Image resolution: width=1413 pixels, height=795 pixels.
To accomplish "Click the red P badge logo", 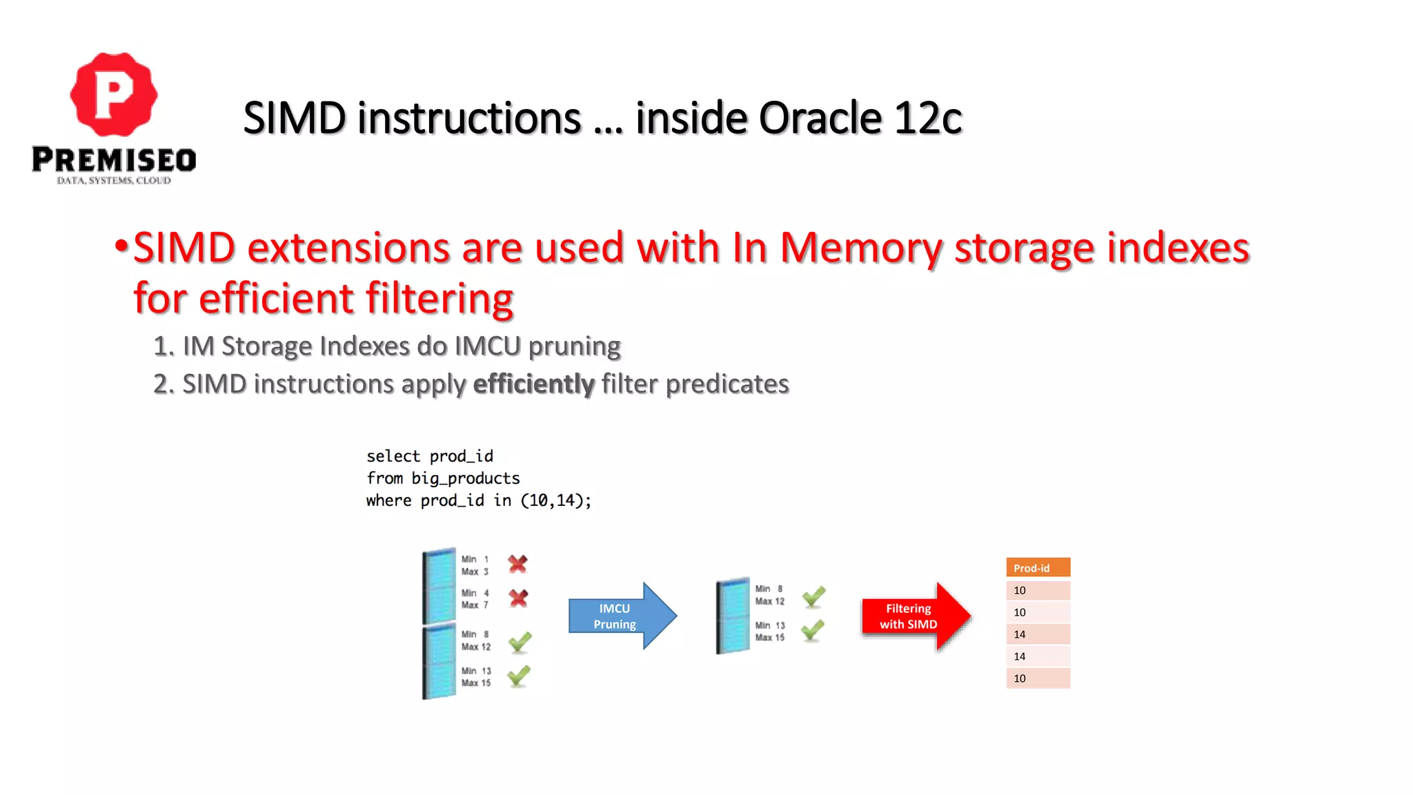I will coord(114,94).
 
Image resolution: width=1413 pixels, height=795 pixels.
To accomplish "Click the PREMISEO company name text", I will coord(114,160).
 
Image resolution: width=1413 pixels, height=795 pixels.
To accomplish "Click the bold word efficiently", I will coord(533,384).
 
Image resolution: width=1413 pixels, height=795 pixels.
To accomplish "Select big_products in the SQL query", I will coord(465,478).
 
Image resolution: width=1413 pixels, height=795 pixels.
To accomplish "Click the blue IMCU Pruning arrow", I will coord(618,616).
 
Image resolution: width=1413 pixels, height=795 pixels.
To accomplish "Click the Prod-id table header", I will coord(1038,568).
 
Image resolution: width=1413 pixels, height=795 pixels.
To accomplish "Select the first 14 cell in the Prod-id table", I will coord(1038,634).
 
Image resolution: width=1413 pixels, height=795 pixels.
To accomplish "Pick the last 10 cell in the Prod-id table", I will coord(1038,678).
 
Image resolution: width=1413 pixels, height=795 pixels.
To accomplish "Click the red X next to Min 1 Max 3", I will coord(517,565).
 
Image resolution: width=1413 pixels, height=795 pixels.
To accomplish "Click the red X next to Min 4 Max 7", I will coord(518,598).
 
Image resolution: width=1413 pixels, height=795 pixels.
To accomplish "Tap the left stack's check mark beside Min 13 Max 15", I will coord(519,676).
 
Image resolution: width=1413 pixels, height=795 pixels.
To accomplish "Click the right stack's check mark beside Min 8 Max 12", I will coord(813,596).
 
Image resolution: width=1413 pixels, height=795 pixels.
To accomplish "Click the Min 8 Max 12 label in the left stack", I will coord(476,640).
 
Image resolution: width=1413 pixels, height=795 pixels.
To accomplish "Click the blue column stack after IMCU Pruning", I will coord(733,616).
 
